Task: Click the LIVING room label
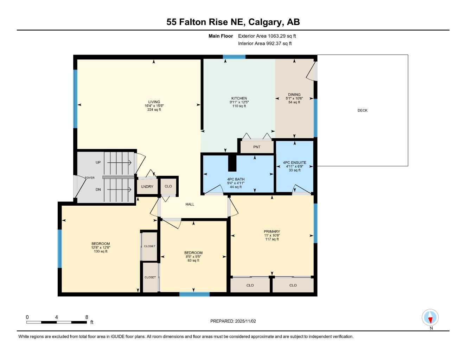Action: point(154,102)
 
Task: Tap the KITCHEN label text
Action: point(239,98)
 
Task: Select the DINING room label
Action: point(294,95)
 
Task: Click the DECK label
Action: point(362,110)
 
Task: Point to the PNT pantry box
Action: point(257,147)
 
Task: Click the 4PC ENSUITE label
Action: point(294,163)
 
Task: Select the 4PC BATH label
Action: point(236,179)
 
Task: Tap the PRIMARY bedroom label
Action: point(272,232)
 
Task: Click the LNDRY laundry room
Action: point(147,186)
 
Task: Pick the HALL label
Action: point(190,204)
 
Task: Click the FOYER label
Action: point(90,178)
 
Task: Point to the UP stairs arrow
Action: point(119,162)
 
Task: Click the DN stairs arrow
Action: point(119,190)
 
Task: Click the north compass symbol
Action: point(430,318)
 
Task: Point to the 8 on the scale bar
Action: point(87,317)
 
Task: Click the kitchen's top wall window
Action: point(234,57)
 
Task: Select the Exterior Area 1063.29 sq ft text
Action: point(267,36)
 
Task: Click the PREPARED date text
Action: point(233,321)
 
